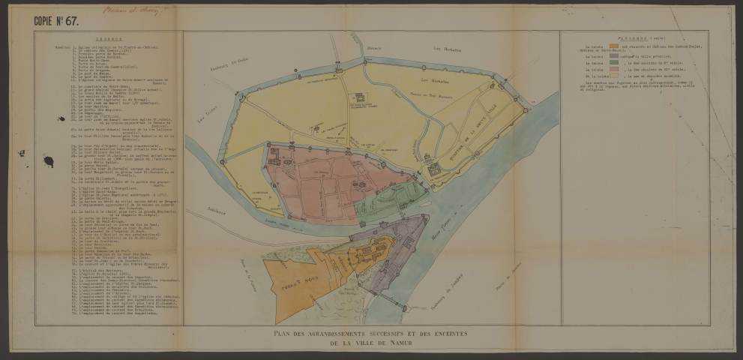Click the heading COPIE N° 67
(57, 22)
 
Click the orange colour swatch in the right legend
(614, 47)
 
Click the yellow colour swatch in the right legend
(614, 76)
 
